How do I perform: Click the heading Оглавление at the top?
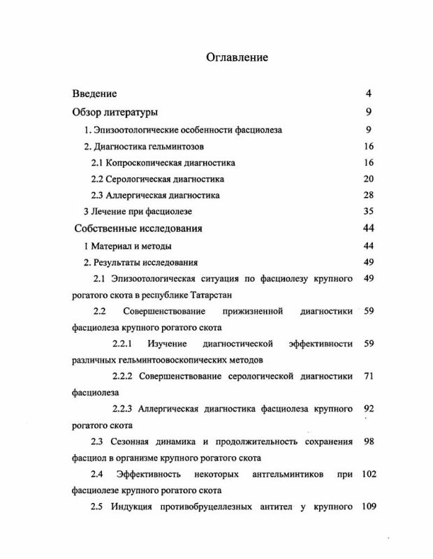(x=238, y=58)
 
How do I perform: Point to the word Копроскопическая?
(x=143, y=163)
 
